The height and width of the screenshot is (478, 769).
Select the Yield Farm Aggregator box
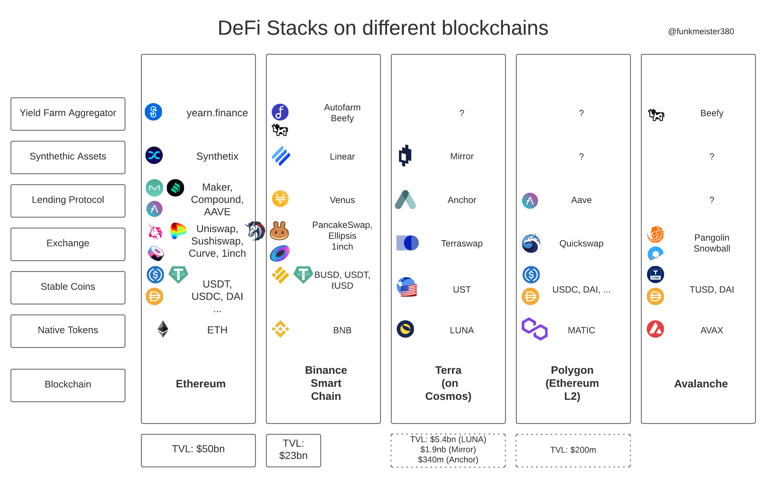[68, 114]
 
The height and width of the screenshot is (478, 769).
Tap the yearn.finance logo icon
[154, 112]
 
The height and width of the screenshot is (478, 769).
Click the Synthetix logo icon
[154, 155]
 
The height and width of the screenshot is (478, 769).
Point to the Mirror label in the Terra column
[462, 156]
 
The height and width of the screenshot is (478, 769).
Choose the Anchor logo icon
[405, 200]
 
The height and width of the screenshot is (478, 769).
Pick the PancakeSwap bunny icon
[279, 230]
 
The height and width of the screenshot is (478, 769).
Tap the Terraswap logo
[408, 243]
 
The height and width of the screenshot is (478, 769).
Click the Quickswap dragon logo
[531, 243]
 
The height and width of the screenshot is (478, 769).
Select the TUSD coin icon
[655, 274]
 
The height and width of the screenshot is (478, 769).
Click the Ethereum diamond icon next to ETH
[163, 329]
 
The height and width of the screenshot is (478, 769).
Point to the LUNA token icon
[405, 329]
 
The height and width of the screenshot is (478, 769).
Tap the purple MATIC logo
[534, 329]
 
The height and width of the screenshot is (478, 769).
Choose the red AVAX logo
[655, 329]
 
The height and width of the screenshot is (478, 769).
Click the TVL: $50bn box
[198, 451]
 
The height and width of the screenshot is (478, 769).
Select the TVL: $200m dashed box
[573, 451]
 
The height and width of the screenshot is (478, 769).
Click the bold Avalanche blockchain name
[701, 384]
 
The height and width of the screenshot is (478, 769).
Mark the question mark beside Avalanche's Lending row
[712, 200]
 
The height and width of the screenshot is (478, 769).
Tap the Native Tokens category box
[68, 331]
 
